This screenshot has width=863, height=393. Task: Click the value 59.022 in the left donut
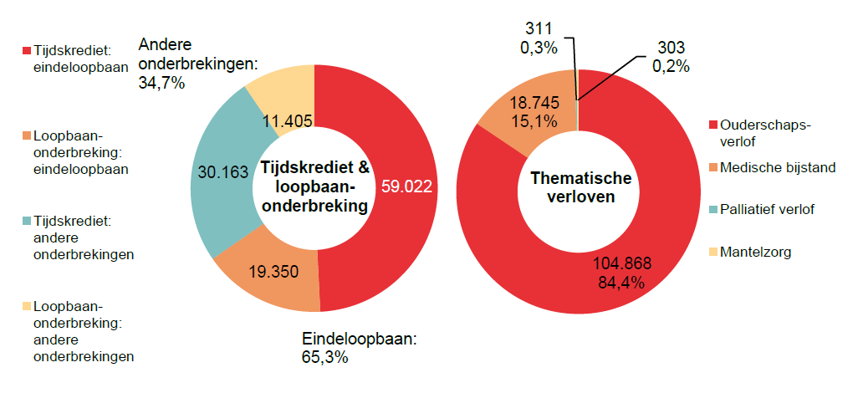[406, 186]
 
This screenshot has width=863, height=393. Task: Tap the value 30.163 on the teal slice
[222, 172]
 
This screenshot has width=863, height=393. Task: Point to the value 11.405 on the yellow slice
[288, 122]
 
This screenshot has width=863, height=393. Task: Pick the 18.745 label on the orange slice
[537, 104]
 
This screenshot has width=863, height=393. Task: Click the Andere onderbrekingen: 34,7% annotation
[199, 64]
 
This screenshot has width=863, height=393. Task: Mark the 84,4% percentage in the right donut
[621, 282]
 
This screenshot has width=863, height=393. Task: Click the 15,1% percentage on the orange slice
[537, 122]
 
